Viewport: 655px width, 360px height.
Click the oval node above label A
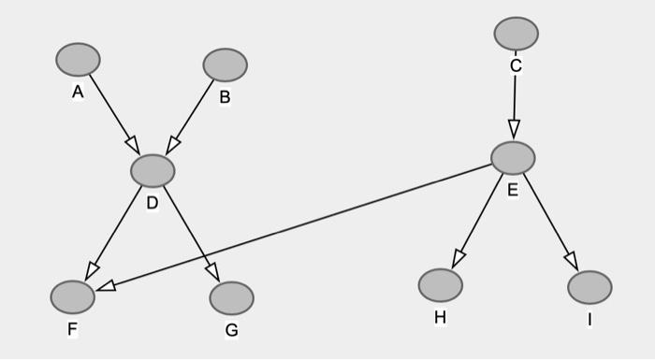point(78,59)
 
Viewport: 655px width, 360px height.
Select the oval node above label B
point(225,65)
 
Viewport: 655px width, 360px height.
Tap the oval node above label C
point(516,34)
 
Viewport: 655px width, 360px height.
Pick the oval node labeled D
point(153,171)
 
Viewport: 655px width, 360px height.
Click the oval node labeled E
point(513,157)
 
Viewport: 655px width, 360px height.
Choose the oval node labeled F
point(72,297)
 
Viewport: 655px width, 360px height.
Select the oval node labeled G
point(231,298)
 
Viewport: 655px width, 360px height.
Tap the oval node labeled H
point(440,285)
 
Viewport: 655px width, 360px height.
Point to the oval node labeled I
point(589,287)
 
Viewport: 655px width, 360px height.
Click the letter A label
point(77,92)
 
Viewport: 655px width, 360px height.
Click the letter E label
point(513,191)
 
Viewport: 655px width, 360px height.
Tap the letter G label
point(232,330)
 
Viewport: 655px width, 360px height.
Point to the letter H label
point(440,318)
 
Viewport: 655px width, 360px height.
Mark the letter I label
point(589,320)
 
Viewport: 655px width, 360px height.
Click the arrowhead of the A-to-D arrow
point(133,145)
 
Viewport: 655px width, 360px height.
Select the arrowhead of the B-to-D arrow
point(172,145)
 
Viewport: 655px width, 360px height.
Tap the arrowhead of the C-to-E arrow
point(514,129)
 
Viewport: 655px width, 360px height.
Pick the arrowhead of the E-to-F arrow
point(106,285)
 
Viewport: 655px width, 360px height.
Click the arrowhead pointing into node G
point(212,272)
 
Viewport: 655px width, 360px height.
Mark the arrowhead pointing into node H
point(458,258)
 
